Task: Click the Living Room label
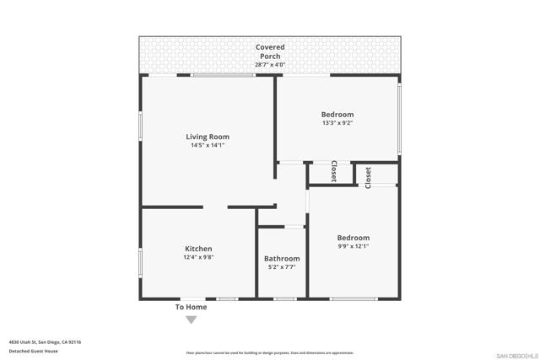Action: (208, 137)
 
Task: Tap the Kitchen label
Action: (198, 249)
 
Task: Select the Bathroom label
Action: (282, 259)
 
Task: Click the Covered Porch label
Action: (270, 51)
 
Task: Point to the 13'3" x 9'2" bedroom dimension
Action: (337, 123)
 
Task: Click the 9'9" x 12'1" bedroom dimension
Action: (354, 247)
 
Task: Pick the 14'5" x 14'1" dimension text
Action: (208, 146)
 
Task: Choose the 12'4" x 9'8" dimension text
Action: (198, 258)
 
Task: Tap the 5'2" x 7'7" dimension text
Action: (282, 267)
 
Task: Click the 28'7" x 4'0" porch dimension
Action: (270, 65)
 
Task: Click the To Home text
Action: (191, 307)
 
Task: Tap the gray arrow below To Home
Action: (191, 320)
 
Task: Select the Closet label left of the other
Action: (333, 171)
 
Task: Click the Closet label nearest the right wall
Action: (368, 177)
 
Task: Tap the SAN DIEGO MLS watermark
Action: (515, 354)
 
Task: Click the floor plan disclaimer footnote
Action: (270, 353)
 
